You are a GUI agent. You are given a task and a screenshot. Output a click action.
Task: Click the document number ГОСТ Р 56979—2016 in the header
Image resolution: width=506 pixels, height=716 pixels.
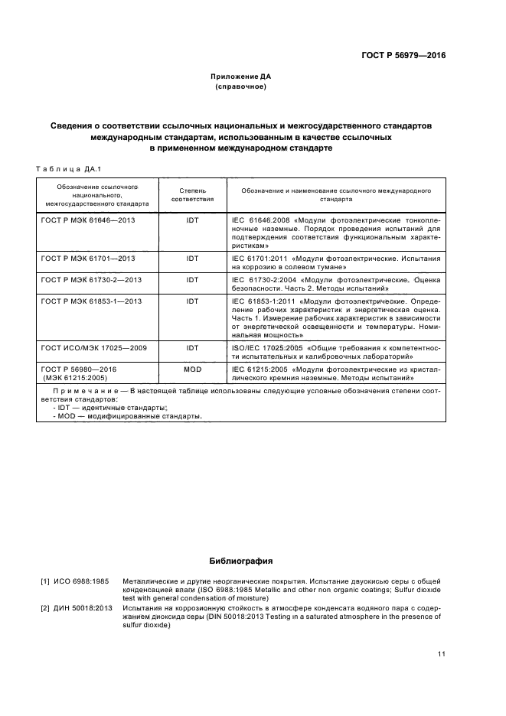tap(403, 55)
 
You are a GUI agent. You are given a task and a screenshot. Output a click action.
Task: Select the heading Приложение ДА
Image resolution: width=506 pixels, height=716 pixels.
tap(241, 77)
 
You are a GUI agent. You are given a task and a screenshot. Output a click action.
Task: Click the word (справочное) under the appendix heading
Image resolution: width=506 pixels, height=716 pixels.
tap(241, 86)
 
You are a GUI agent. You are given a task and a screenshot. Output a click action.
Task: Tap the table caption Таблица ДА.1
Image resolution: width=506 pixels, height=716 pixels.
tap(69, 168)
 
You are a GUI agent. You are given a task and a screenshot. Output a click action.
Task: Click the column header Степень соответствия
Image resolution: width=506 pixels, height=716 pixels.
tap(192, 194)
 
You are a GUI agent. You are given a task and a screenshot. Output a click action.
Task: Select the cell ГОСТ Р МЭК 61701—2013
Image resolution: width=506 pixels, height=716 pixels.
tap(87, 259)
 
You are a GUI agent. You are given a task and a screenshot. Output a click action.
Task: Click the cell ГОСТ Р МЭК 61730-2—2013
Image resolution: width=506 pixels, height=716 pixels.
tap(91, 280)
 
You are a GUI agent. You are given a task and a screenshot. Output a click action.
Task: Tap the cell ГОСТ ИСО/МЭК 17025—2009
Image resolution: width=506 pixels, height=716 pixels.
tap(93, 348)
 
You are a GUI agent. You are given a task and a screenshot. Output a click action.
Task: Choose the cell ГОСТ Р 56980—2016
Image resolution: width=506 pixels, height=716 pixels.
tap(79, 369)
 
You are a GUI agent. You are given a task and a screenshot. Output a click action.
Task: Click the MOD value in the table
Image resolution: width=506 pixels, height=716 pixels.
tap(192, 369)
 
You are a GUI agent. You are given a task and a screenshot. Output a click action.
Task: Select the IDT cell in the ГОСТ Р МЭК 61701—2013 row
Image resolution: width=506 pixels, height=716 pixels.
tap(192, 259)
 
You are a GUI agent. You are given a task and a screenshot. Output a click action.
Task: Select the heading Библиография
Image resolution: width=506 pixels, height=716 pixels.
tap(241, 561)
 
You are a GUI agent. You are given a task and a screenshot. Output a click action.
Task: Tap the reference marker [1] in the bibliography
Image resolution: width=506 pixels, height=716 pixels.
tap(45, 582)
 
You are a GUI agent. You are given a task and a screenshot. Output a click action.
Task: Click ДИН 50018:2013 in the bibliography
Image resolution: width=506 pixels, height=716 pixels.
tap(83, 607)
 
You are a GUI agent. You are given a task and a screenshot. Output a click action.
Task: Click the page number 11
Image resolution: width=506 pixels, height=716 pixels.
tap(442, 653)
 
